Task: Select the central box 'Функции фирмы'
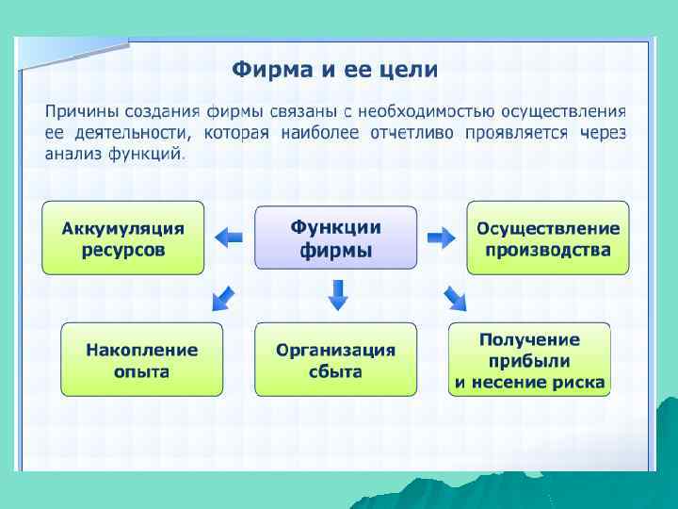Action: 335,238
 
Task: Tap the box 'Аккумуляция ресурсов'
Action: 122,238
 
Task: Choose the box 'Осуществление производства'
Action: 548,238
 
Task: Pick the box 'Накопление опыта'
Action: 142,359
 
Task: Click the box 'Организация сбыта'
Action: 335,359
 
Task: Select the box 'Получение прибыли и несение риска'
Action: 529,359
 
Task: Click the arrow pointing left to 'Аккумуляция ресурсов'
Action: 229,238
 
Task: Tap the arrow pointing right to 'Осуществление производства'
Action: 441,238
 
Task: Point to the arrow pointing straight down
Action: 337,295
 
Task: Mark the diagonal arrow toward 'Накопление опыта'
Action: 224,297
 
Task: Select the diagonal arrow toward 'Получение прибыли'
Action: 455,298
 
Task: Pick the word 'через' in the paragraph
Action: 604,133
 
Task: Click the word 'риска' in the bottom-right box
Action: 581,382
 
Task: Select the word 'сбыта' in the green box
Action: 335,370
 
